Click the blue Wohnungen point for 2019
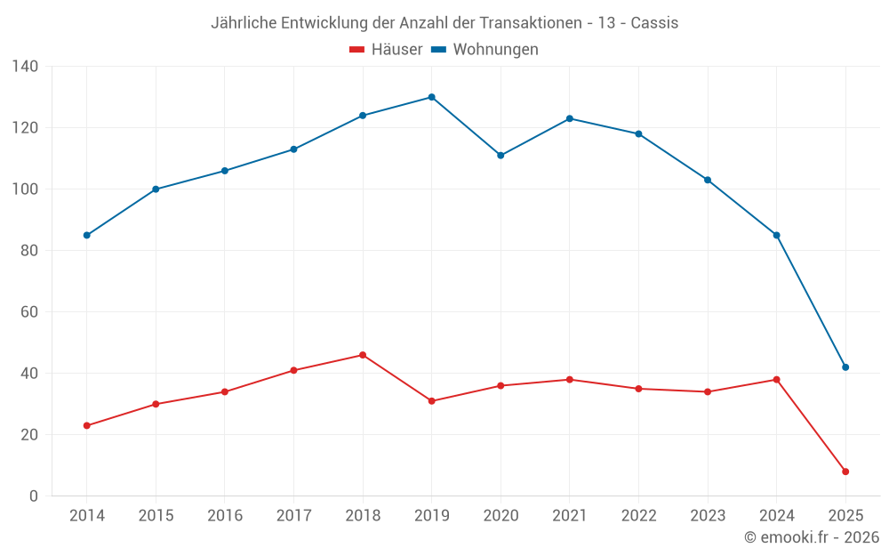point(431,97)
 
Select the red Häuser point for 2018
point(363,355)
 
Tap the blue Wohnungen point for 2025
point(845,367)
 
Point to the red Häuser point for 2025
point(845,471)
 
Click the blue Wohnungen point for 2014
point(86,236)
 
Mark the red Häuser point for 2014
point(86,426)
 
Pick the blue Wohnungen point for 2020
point(501,156)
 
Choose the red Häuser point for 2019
point(431,401)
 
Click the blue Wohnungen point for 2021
point(570,118)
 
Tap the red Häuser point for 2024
point(776,380)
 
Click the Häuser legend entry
point(387,50)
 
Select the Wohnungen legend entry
point(485,50)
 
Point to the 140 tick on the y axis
point(26,67)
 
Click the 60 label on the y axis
point(30,312)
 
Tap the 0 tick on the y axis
point(34,496)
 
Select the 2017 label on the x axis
point(293,516)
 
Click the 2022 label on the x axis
point(638,516)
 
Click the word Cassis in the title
point(654,23)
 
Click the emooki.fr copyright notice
point(811,537)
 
